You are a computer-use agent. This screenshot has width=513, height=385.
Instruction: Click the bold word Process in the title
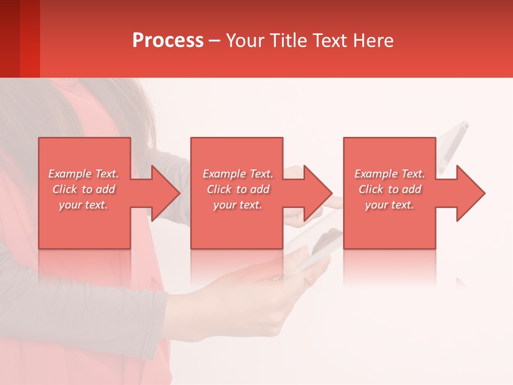(168, 40)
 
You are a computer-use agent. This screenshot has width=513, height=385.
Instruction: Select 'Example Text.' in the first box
(83, 174)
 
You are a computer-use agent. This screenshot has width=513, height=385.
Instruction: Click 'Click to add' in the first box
(83, 189)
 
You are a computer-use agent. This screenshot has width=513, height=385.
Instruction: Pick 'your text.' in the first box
(83, 205)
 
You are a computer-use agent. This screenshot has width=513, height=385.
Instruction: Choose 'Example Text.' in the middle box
(238, 174)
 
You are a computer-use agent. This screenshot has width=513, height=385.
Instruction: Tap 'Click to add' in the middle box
(238, 189)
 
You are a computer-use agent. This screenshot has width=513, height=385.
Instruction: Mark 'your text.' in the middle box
(238, 205)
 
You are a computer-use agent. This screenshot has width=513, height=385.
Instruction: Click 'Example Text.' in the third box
(390, 174)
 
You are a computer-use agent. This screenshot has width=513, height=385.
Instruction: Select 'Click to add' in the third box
(390, 189)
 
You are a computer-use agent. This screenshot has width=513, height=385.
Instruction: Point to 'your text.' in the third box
(390, 205)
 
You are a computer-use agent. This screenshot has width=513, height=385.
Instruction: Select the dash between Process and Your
(214, 41)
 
